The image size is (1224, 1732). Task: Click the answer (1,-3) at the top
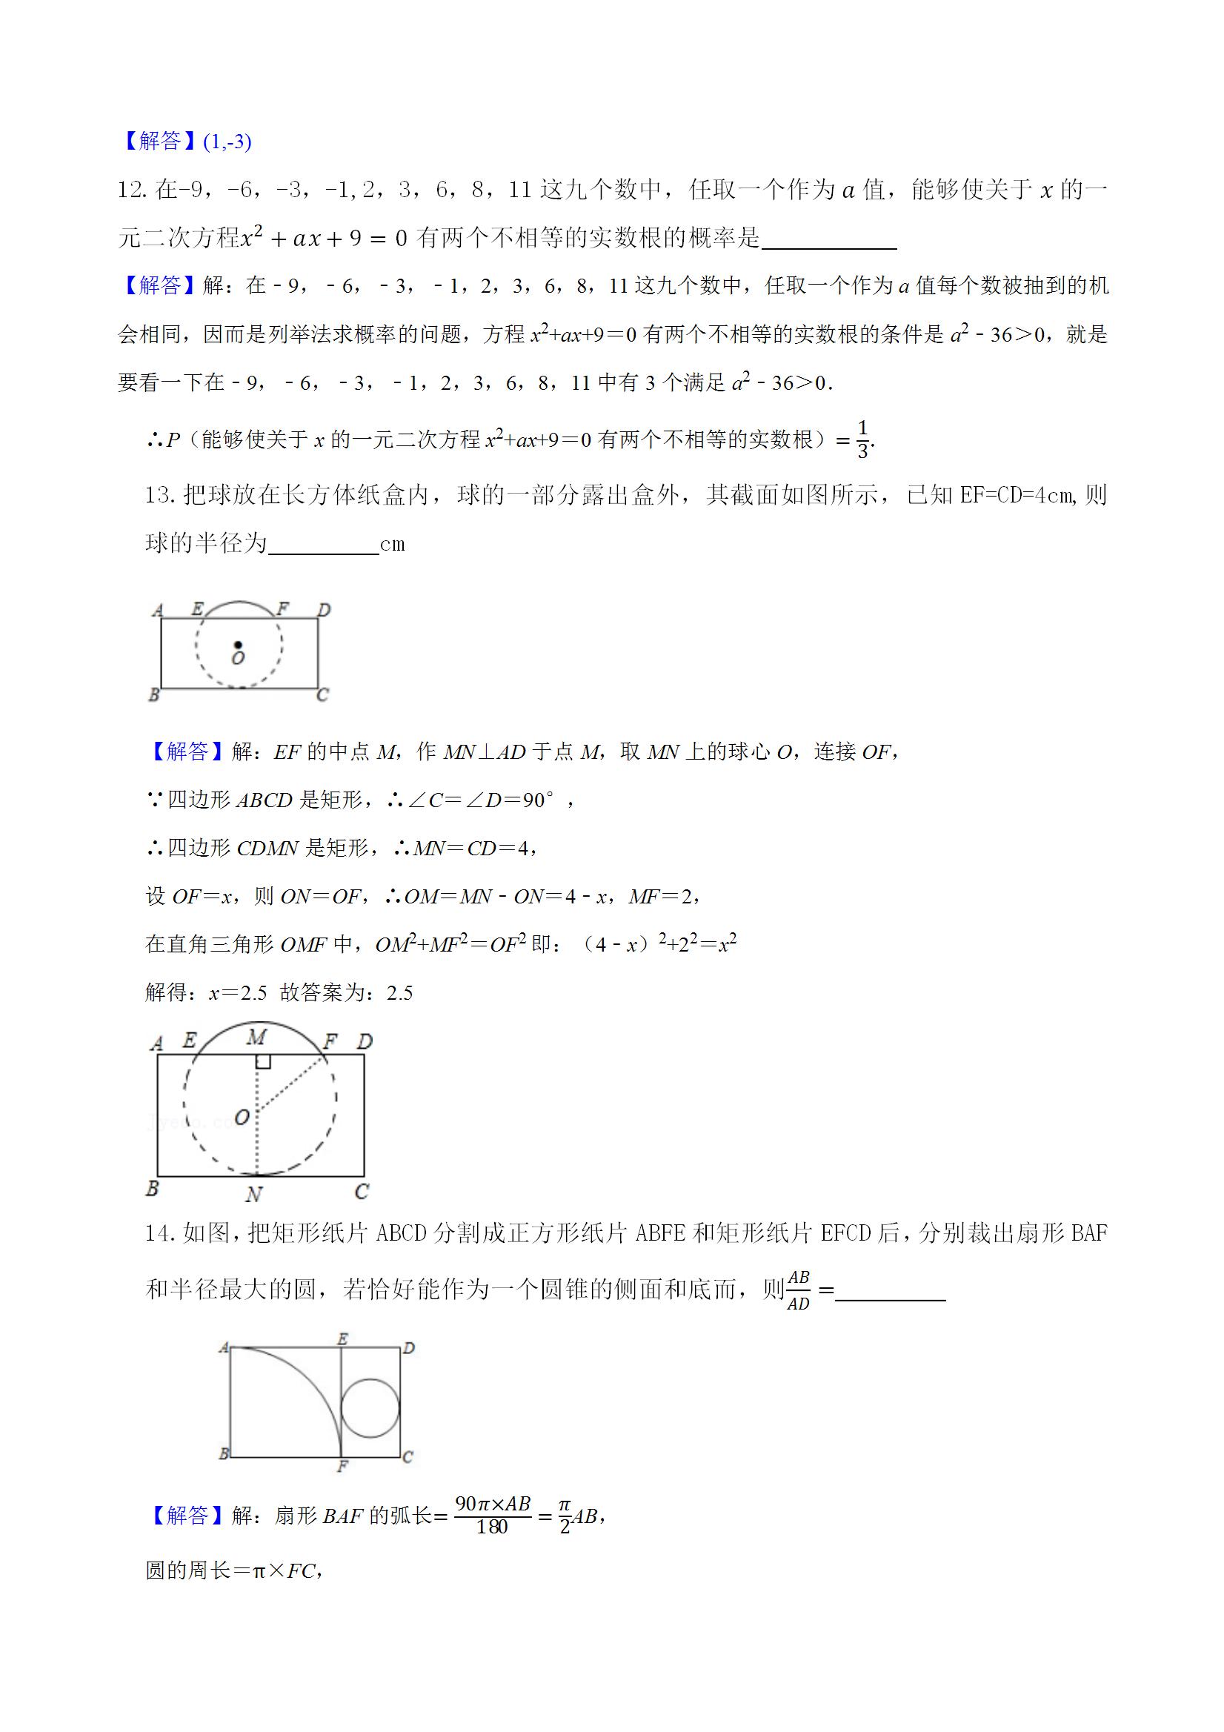point(227,141)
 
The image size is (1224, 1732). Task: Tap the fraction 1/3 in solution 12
point(862,439)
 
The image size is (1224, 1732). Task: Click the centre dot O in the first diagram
point(238,645)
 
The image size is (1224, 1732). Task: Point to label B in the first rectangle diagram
point(153,694)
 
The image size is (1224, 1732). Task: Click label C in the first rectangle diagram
point(323,694)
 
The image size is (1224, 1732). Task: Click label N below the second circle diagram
point(253,1194)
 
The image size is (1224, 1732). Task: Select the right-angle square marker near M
point(263,1061)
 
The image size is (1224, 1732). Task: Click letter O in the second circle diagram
point(242,1116)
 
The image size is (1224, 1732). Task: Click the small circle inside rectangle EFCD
point(370,1407)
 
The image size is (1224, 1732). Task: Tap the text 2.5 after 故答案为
point(399,993)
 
